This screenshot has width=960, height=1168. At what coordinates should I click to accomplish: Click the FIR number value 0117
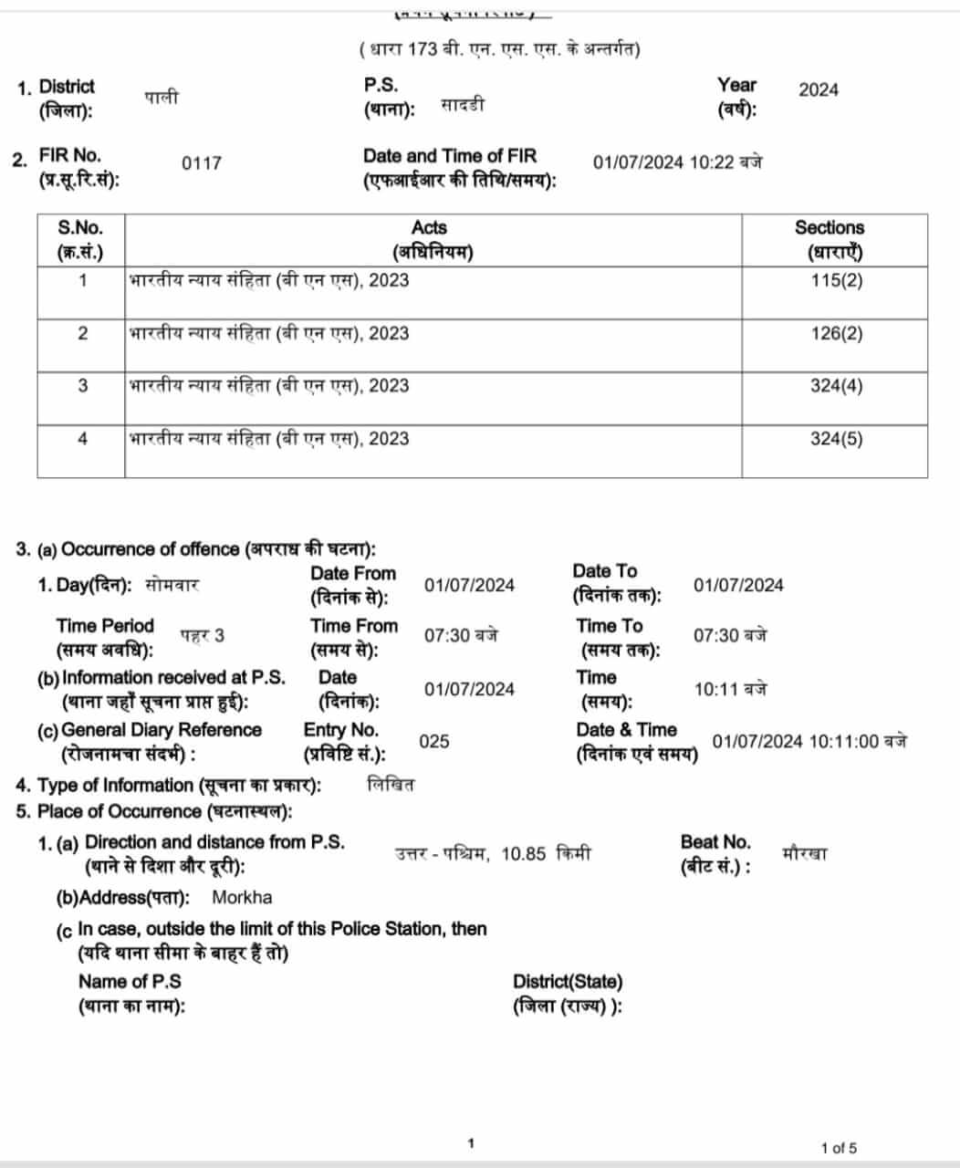(x=201, y=163)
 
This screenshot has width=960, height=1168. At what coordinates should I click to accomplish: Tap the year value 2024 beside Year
(x=818, y=89)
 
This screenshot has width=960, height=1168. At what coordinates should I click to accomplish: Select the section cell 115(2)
(x=835, y=280)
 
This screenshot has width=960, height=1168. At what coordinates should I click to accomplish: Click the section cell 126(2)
(x=835, y=333)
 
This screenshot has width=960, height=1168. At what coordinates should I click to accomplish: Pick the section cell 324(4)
(x=835, y=386)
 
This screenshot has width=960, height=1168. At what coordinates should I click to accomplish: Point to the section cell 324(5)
(x=835, y=439)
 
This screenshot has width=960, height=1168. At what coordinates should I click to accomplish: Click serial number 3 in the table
(x=82, y=386)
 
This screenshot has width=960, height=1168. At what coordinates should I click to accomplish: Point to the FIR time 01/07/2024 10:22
(x=677, y=162)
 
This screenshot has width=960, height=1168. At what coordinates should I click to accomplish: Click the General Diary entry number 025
(x=433, y=741)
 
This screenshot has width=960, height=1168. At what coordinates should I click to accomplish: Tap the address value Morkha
(x=242, y=897)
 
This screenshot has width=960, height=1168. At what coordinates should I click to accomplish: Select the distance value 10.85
(x=523, y=854)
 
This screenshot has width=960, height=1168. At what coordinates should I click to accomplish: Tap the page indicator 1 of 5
(x=839, y=1148)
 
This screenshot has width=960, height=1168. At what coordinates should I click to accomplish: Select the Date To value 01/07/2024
(x=737, y=585)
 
